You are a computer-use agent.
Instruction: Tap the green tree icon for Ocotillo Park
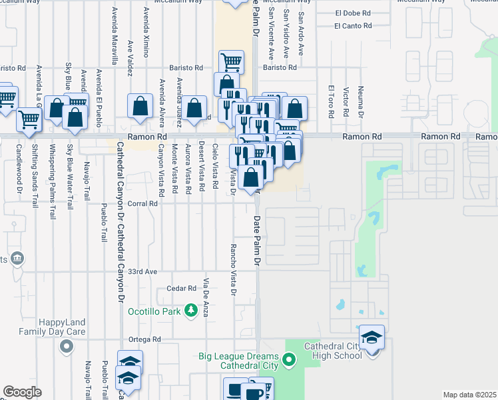(192, 310)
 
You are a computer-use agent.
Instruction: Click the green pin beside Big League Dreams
(289, 361)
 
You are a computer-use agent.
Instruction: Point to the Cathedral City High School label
(333, 351)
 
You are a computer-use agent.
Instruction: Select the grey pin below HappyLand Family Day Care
(66, 346)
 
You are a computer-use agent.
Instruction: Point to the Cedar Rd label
(182, 289)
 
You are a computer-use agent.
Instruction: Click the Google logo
(22, 392)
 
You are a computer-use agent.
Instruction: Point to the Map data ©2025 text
(469, 395)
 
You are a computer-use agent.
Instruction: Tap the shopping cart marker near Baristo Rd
(231, 62)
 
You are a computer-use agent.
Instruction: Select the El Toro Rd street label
(330, 101)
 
